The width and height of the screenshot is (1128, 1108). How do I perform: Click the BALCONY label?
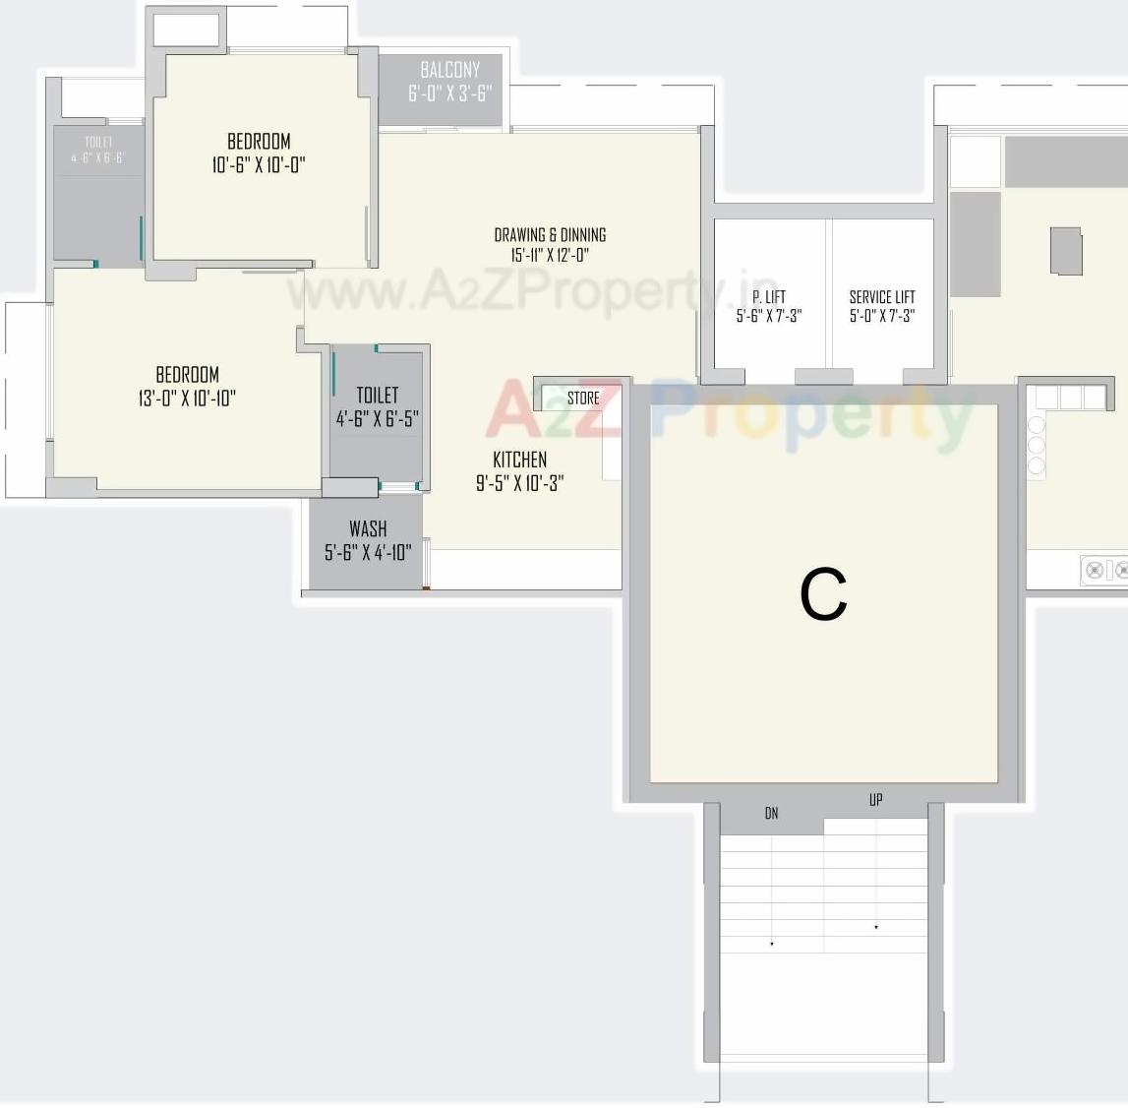coord(450,70)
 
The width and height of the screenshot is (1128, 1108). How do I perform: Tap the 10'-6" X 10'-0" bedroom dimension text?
coord(259,164)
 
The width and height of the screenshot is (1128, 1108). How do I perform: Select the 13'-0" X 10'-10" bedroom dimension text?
coord(187,398)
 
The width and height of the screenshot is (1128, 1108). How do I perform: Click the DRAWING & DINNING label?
coord(550,234)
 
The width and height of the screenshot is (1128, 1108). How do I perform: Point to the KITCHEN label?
coord(519,460)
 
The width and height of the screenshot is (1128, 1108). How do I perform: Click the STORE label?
coord(583,399)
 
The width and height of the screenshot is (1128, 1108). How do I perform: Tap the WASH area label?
coord(368,529)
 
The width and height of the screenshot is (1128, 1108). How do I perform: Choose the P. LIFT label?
coord(769,296)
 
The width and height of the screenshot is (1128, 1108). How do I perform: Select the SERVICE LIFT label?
coord(882,296)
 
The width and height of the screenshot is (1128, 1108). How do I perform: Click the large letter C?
coord(823,594)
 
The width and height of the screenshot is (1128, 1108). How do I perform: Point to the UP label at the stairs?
coord(875,800)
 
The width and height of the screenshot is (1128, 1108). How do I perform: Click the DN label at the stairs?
coord(771,813)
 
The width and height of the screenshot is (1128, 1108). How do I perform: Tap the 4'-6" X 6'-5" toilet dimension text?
coord(378,418)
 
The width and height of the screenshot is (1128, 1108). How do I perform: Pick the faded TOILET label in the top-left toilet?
coord(98,142)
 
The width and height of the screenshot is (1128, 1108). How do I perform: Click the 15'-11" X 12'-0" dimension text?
coord(550,256)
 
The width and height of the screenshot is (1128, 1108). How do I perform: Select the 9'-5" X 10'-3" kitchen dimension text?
coord(519,483)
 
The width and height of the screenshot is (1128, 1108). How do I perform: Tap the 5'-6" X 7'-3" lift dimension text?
coord(769,316)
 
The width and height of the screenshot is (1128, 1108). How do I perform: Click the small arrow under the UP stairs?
coord(876,927)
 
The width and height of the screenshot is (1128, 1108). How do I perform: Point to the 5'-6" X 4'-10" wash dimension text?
coord(368,553)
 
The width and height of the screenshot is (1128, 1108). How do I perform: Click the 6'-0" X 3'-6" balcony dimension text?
coord(450,93)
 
